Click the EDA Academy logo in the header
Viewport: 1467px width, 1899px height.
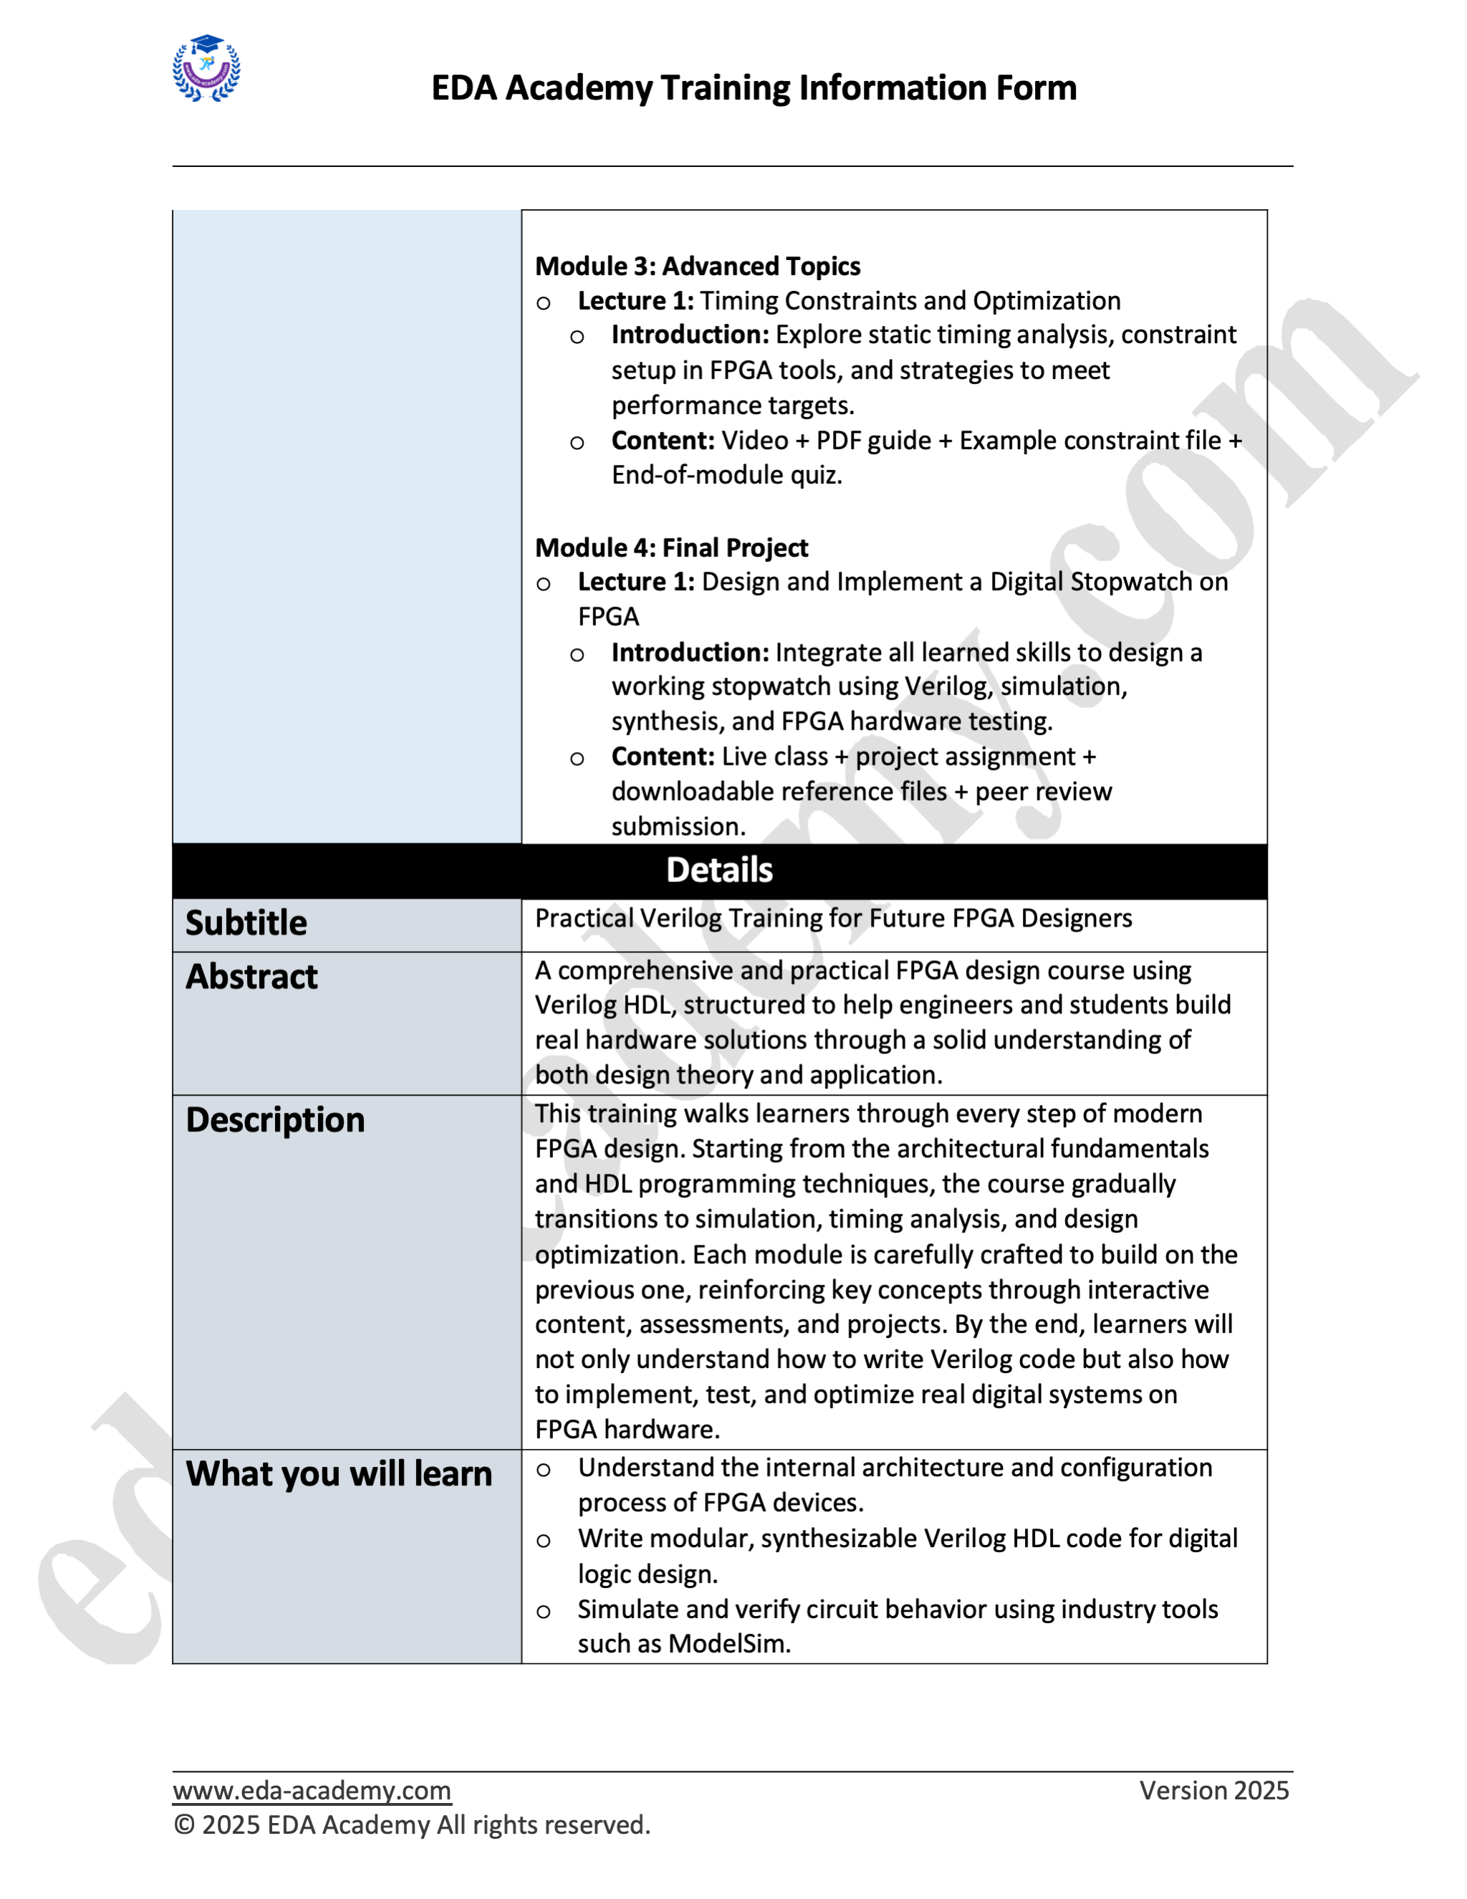207,69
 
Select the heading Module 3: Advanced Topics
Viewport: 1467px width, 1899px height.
697,266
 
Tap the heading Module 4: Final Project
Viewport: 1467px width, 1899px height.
671,547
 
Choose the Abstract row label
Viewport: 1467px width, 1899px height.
251,977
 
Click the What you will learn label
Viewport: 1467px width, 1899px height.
338,1475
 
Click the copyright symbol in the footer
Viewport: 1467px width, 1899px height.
183,1825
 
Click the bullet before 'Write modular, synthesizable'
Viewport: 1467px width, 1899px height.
543,1541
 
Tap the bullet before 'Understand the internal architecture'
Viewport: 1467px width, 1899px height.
543,1470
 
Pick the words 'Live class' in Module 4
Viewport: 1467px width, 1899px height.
774,757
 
